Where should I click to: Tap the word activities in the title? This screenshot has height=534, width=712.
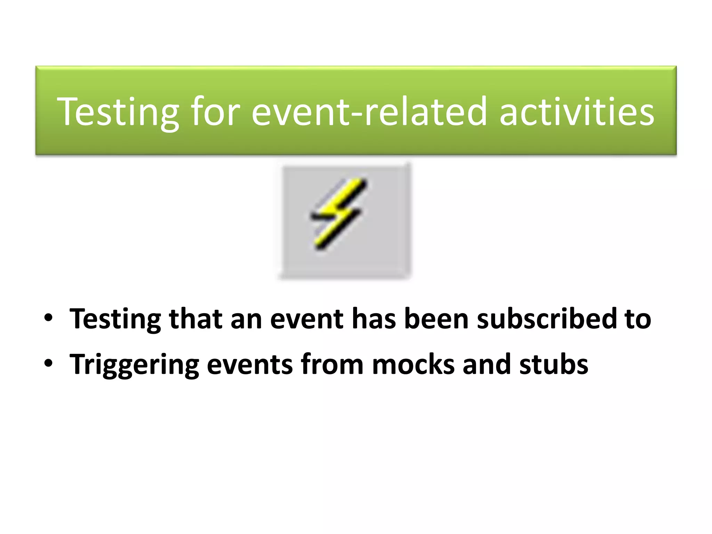click(577, 112)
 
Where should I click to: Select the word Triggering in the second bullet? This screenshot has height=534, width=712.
click(134, 364)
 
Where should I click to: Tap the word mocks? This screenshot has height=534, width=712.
click(413, 364)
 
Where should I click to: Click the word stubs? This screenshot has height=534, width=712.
click(553, 364)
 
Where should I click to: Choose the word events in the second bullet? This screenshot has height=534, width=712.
click(250, 364)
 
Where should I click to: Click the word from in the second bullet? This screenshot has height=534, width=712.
click(332, 364)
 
